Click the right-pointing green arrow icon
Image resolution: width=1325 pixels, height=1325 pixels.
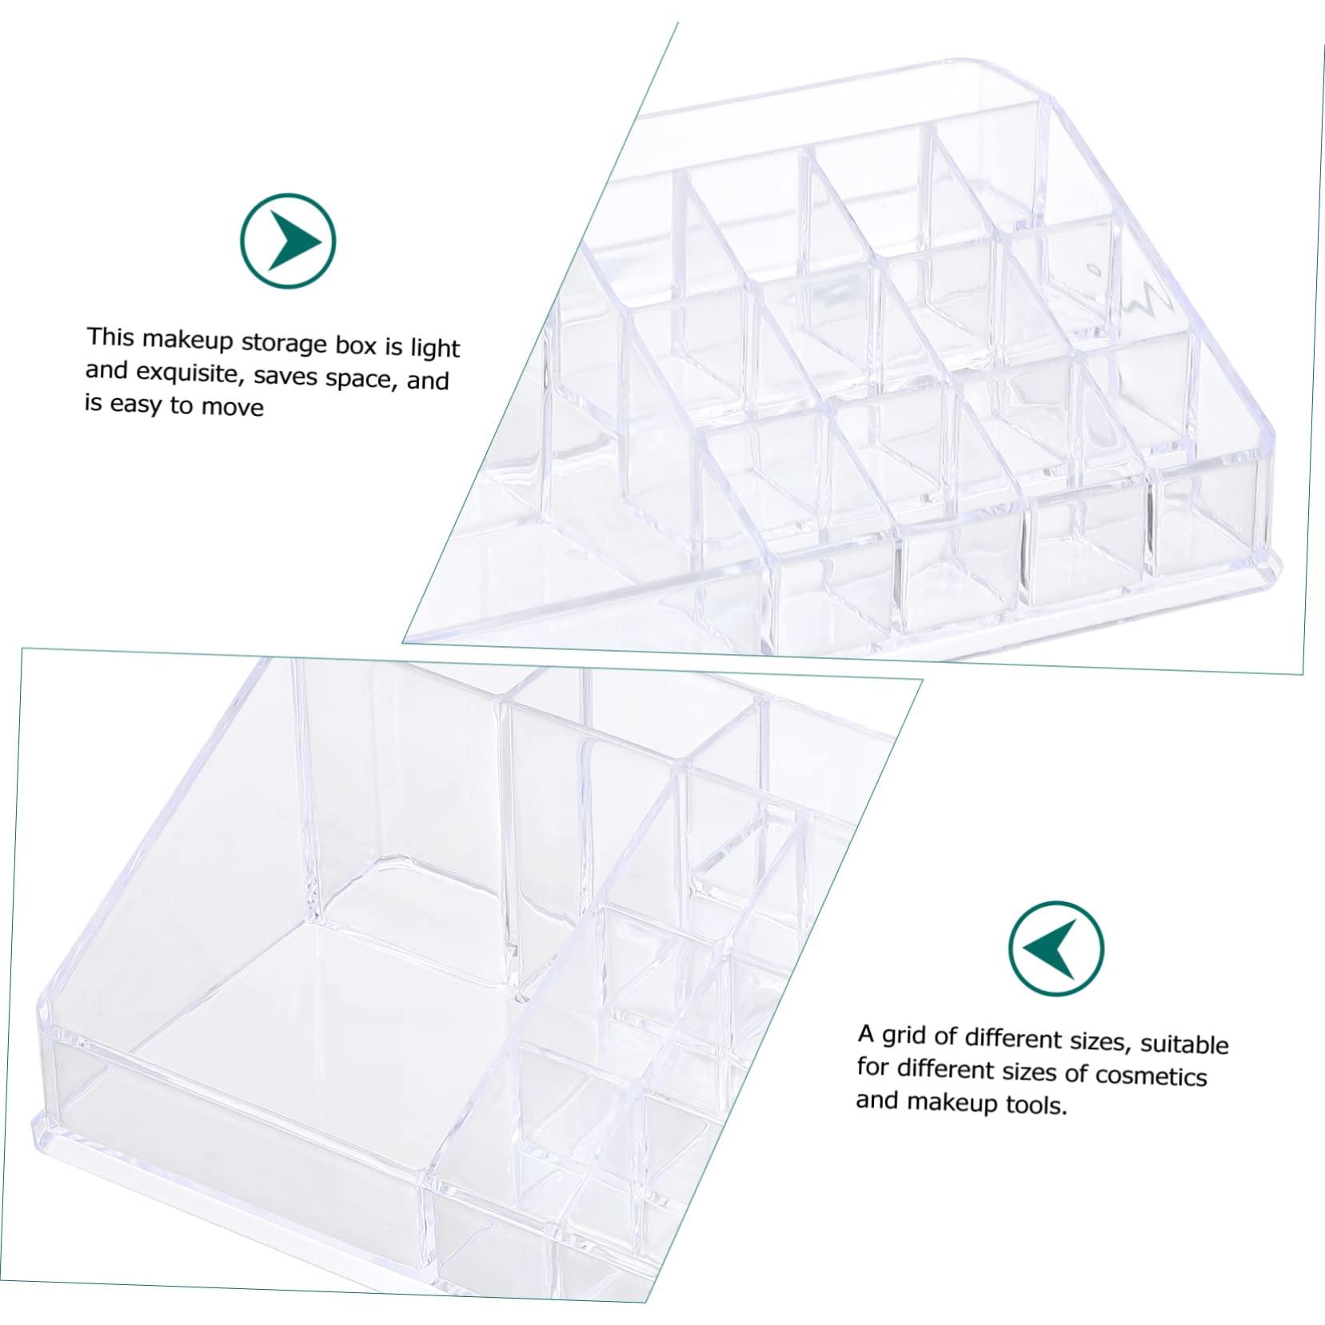289,241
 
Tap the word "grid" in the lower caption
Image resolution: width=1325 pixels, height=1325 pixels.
906,1036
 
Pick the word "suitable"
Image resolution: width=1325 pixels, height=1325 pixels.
1184,1044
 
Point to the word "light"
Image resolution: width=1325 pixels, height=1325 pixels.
434,349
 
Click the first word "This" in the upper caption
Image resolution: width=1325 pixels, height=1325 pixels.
110,337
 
